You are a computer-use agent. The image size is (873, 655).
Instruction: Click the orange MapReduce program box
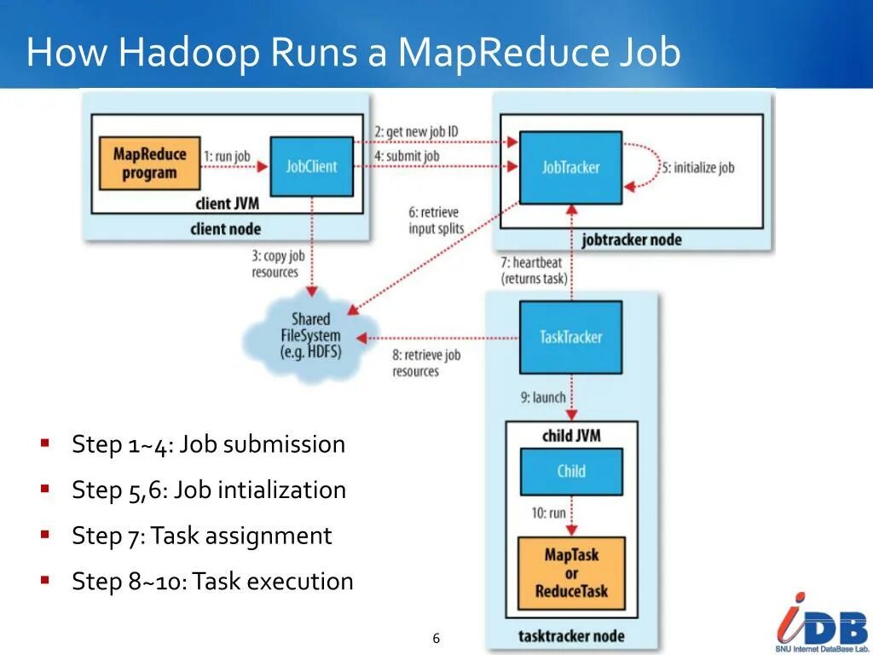pyautogui.click(x=149, y=164)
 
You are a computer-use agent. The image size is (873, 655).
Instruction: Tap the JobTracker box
pyautogui.click(x=570, y=168)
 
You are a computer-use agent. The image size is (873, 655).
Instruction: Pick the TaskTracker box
pyautogui.click(x=570, y=337)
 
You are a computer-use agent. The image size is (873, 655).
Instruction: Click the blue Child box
pyautogui.click(x=571, y=471)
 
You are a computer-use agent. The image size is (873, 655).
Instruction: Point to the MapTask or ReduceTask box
pyautogui.click(x=571, y=572)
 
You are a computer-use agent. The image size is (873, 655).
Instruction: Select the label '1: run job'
pyautogui.click(x=227, y=157)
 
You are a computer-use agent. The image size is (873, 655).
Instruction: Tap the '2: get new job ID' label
pyautogui.click(x=416, y=131)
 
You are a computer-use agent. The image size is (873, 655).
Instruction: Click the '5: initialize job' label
pyautogui.click(x=698, y=168)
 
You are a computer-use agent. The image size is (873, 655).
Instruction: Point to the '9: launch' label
pyautogui.click(x=543, y=397)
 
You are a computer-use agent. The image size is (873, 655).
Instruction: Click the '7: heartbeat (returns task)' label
pyautogui.click(x=534, y=270)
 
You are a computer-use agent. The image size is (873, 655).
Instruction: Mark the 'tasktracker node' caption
pyautogui.click(x=570, y=636)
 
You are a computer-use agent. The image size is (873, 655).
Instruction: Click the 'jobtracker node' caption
pyautogui.click(x=632, y=240)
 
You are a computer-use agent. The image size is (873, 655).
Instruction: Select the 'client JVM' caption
pyautogui.click(x=225, y=203)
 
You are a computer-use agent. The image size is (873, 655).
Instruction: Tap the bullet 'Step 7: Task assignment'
pyautogui.click(x=202, y=536)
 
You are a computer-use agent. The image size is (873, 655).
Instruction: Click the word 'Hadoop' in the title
pyautogui.click(x=189, y=53)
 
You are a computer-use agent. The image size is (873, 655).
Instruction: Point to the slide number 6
pyautogui.click(x=436, y=639)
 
